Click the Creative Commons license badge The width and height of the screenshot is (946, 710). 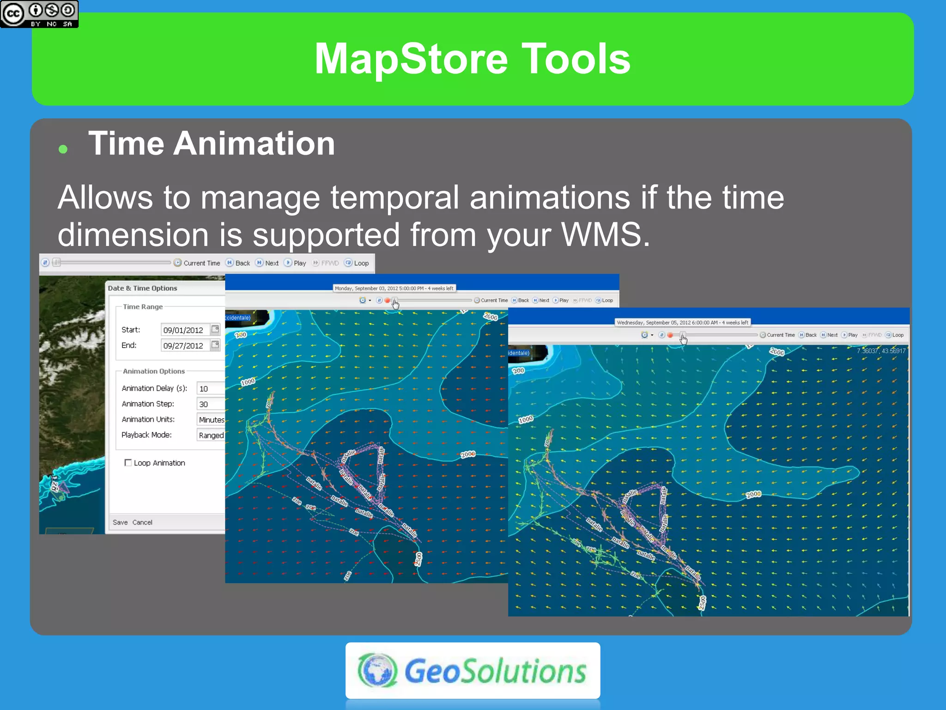(x=39, y=14)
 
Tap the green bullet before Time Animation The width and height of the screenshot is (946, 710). (x=63, y=149)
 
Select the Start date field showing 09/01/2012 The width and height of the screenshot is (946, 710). (x=185, y=330)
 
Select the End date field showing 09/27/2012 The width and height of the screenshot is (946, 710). (x=185, y=346)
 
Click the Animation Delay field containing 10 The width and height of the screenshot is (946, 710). (x=210, y=389)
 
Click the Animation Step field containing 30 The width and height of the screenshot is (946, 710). (x=210, y=404)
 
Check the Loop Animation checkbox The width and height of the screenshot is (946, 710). (x=128, y=463)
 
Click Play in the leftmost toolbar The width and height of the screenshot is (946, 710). (x=296, y=263)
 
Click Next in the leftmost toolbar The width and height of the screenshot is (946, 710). (x=267, y=263)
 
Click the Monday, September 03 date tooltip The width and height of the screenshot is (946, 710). (x=394, y=288)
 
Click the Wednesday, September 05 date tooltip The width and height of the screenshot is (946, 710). (x=682, y=323)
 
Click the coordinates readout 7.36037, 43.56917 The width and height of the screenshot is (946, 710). (x=881, y=351)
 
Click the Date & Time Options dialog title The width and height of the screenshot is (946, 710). (x=142, y=288)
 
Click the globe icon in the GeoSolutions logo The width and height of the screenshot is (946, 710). (x=377, y=670)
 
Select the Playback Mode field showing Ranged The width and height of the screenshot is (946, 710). (x=211, y=435)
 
